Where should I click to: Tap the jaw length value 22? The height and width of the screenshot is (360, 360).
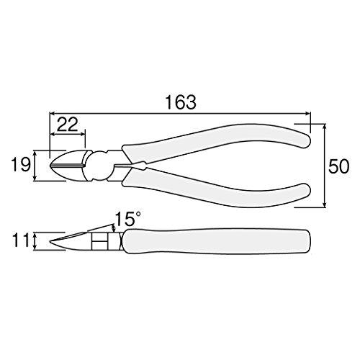pyautogui.click(x=68, y=125)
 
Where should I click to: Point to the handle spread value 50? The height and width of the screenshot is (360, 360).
pyautogui.click(x=338, y=167)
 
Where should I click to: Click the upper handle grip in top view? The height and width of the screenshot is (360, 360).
pyautogui.click(x=216, y=138)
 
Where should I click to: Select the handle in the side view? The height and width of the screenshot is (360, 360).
pyautogui.click(x=216, y=240)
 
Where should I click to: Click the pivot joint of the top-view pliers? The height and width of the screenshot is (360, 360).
pyautogui.click(x=96, y=164)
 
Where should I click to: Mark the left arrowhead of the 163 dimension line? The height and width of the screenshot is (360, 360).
pyautogui.click(x=50, y=113)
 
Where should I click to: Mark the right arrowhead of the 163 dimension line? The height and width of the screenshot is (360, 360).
pyautogui.click(x=310, y=113)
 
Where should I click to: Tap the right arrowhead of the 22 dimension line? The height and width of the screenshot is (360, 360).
pyautogui.click(x=85, y=135)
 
